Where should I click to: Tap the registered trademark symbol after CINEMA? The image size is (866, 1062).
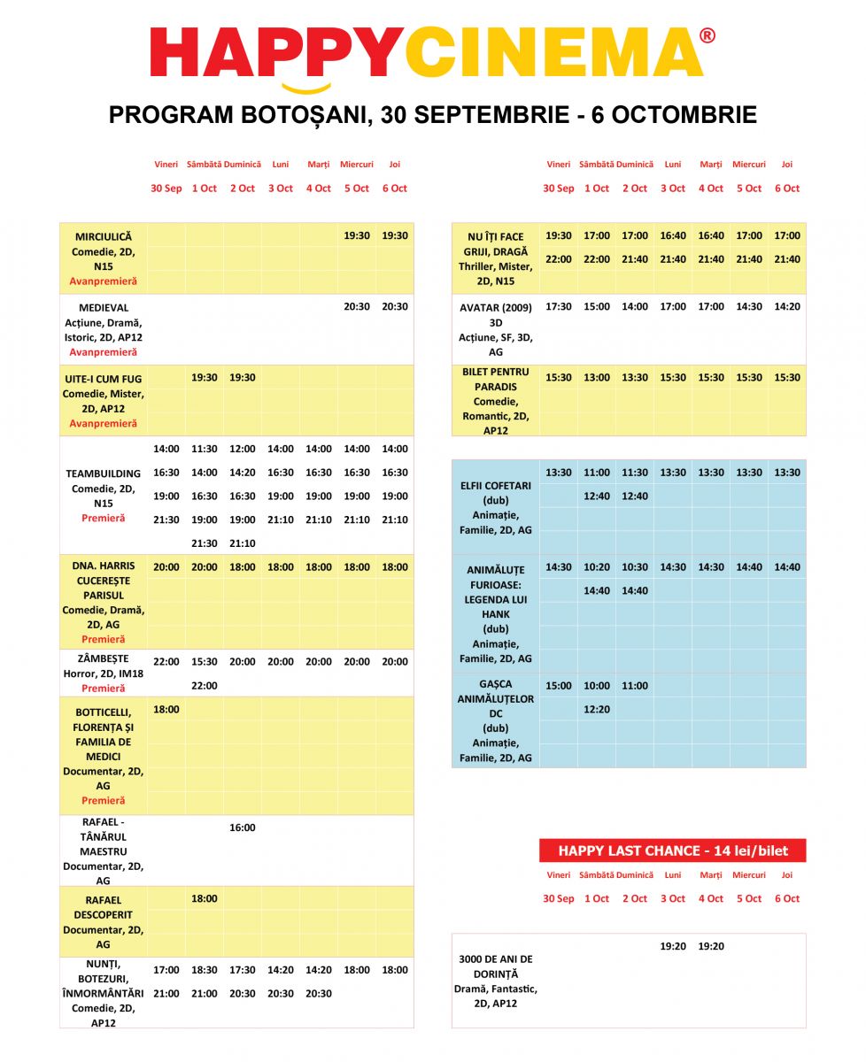pos(707,35)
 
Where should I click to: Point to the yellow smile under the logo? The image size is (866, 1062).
pos(305,87)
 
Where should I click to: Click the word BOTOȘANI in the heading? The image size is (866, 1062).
pos(295,115)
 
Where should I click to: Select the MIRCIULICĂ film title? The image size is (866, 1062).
pos(103,236)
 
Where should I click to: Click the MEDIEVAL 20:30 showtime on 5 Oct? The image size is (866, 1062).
pos(356,306)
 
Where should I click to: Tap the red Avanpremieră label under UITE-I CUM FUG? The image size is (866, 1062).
pos(103,423)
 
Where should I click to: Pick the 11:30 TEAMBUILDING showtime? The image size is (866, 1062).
pos(204,449)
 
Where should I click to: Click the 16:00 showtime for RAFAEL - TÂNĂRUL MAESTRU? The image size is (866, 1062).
pos(242,827)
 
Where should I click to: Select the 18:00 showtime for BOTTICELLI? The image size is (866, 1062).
pos(166,709)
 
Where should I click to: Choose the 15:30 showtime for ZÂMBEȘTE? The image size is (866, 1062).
pos(204,661)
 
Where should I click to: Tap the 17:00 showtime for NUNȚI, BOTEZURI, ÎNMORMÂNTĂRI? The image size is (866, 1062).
pos(166,970)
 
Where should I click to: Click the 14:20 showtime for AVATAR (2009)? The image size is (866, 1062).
pos(786,306)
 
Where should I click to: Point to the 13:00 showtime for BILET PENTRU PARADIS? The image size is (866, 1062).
pos(597,377)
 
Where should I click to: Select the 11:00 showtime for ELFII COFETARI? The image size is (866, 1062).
pos(597,473)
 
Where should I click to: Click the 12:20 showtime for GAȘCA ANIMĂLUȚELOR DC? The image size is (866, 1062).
pos(597,709)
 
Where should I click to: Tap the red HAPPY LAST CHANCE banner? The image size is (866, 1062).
pos(672,850)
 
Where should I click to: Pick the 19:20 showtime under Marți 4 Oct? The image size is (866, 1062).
pos(710,946)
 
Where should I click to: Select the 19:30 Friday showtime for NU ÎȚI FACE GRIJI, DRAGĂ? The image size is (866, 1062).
pos(558,235)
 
